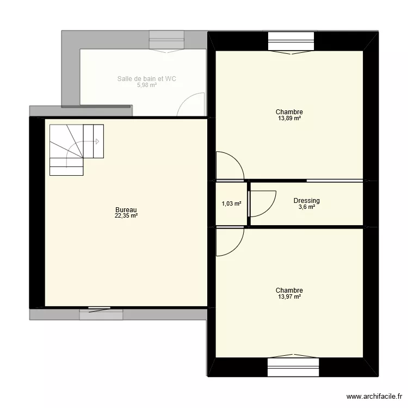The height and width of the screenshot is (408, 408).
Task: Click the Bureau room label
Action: click(x=126, y=210)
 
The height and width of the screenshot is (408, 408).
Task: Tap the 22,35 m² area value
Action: click(x=126, y=216)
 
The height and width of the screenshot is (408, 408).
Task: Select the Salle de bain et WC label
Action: click(x=146, y=79)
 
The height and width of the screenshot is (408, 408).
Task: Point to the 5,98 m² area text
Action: click(x=146, y=85)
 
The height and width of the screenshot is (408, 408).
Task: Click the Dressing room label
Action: click(x=306, y=201)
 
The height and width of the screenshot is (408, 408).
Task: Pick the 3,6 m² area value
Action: click(x=306, y=207)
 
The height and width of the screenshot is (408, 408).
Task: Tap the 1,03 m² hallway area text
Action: click(x=231, y=204)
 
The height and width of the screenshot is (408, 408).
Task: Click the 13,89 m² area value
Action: click(x=289, y=118)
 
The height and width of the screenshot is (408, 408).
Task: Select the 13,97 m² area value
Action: click(x=289, y=296)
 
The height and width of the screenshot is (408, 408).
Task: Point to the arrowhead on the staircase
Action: click(x=97, y=141)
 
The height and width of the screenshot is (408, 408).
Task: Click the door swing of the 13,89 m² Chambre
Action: click(x=228, y=165)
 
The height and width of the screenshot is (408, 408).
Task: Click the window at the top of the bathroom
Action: click(x=168, y=40)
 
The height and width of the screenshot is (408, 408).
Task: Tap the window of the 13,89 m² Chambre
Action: click(x=290, y=41)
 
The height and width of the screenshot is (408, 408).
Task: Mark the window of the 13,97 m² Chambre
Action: click(x=290, y=367)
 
